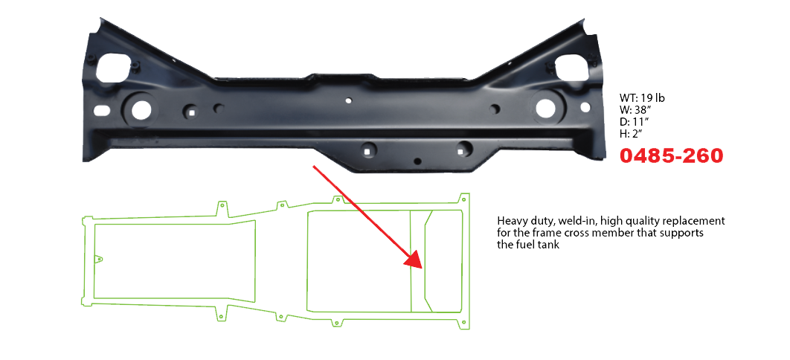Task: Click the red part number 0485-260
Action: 671,156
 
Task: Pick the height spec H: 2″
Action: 634,134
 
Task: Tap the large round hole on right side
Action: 545,108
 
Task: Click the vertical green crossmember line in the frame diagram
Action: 411,260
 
